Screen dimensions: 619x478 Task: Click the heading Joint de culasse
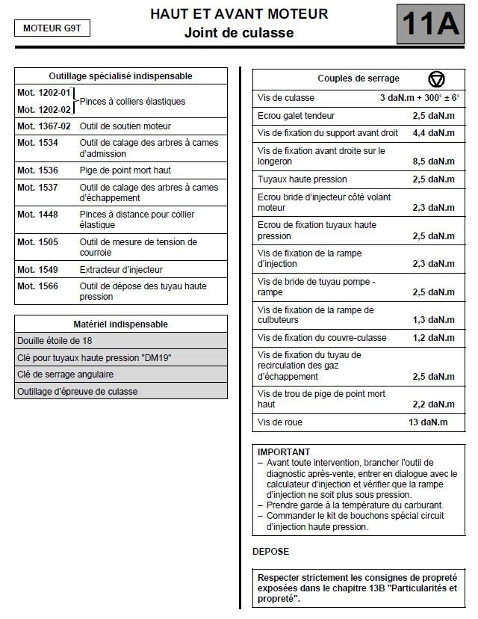click(x=239, y=33)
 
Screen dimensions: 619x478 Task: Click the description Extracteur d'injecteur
click(x=121, y=269)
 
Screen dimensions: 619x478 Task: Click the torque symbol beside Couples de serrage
click(x=436, y=78)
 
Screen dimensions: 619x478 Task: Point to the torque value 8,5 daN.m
click(x=433, y=161)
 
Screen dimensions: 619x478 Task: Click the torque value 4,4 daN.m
click(x=433, y=133)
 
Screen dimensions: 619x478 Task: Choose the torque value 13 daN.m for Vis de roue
click(x=428, y=422)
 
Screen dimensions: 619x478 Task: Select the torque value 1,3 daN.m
click(x=433, y=320)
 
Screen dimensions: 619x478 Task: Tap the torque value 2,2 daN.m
click(x=433, y=404)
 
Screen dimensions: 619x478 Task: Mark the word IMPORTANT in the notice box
click(x=284, y=452)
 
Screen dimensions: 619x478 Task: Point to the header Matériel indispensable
click(x=121, y=324)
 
